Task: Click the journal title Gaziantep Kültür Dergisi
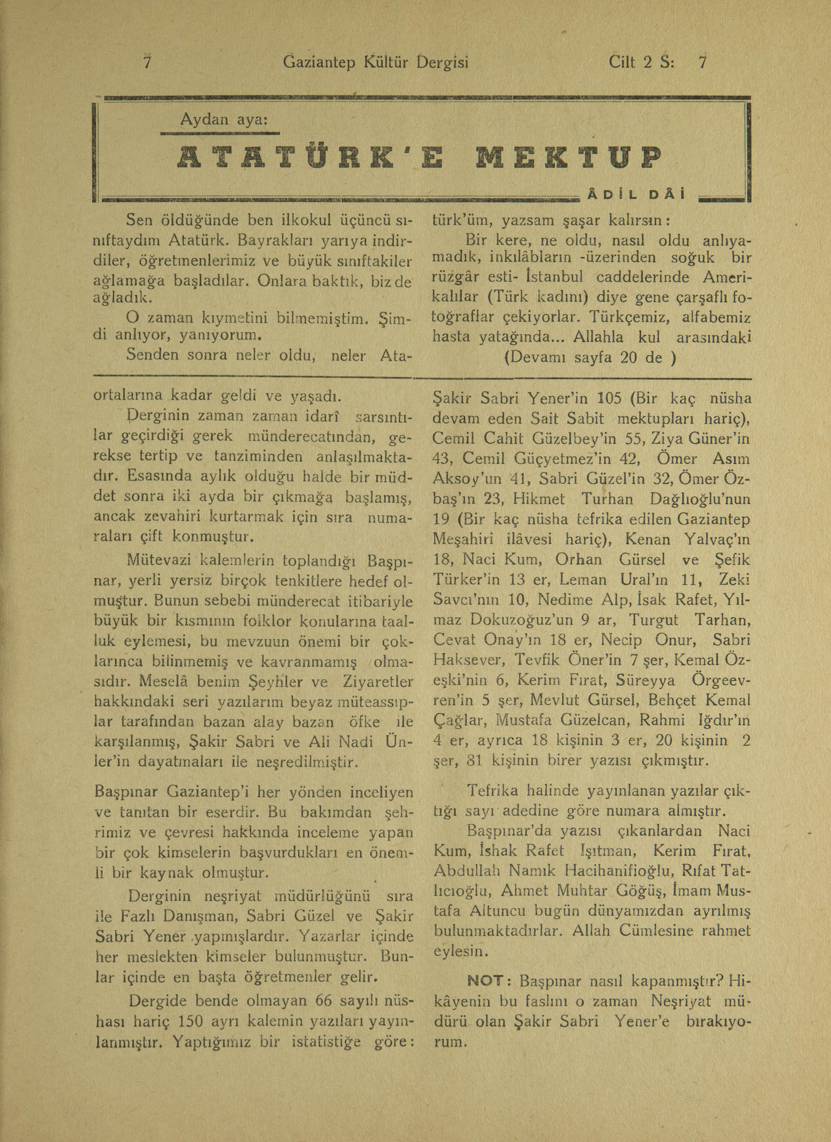pyautogui.click(x=376, y=62)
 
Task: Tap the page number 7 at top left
pyautogui.click(x=147, y=62)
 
